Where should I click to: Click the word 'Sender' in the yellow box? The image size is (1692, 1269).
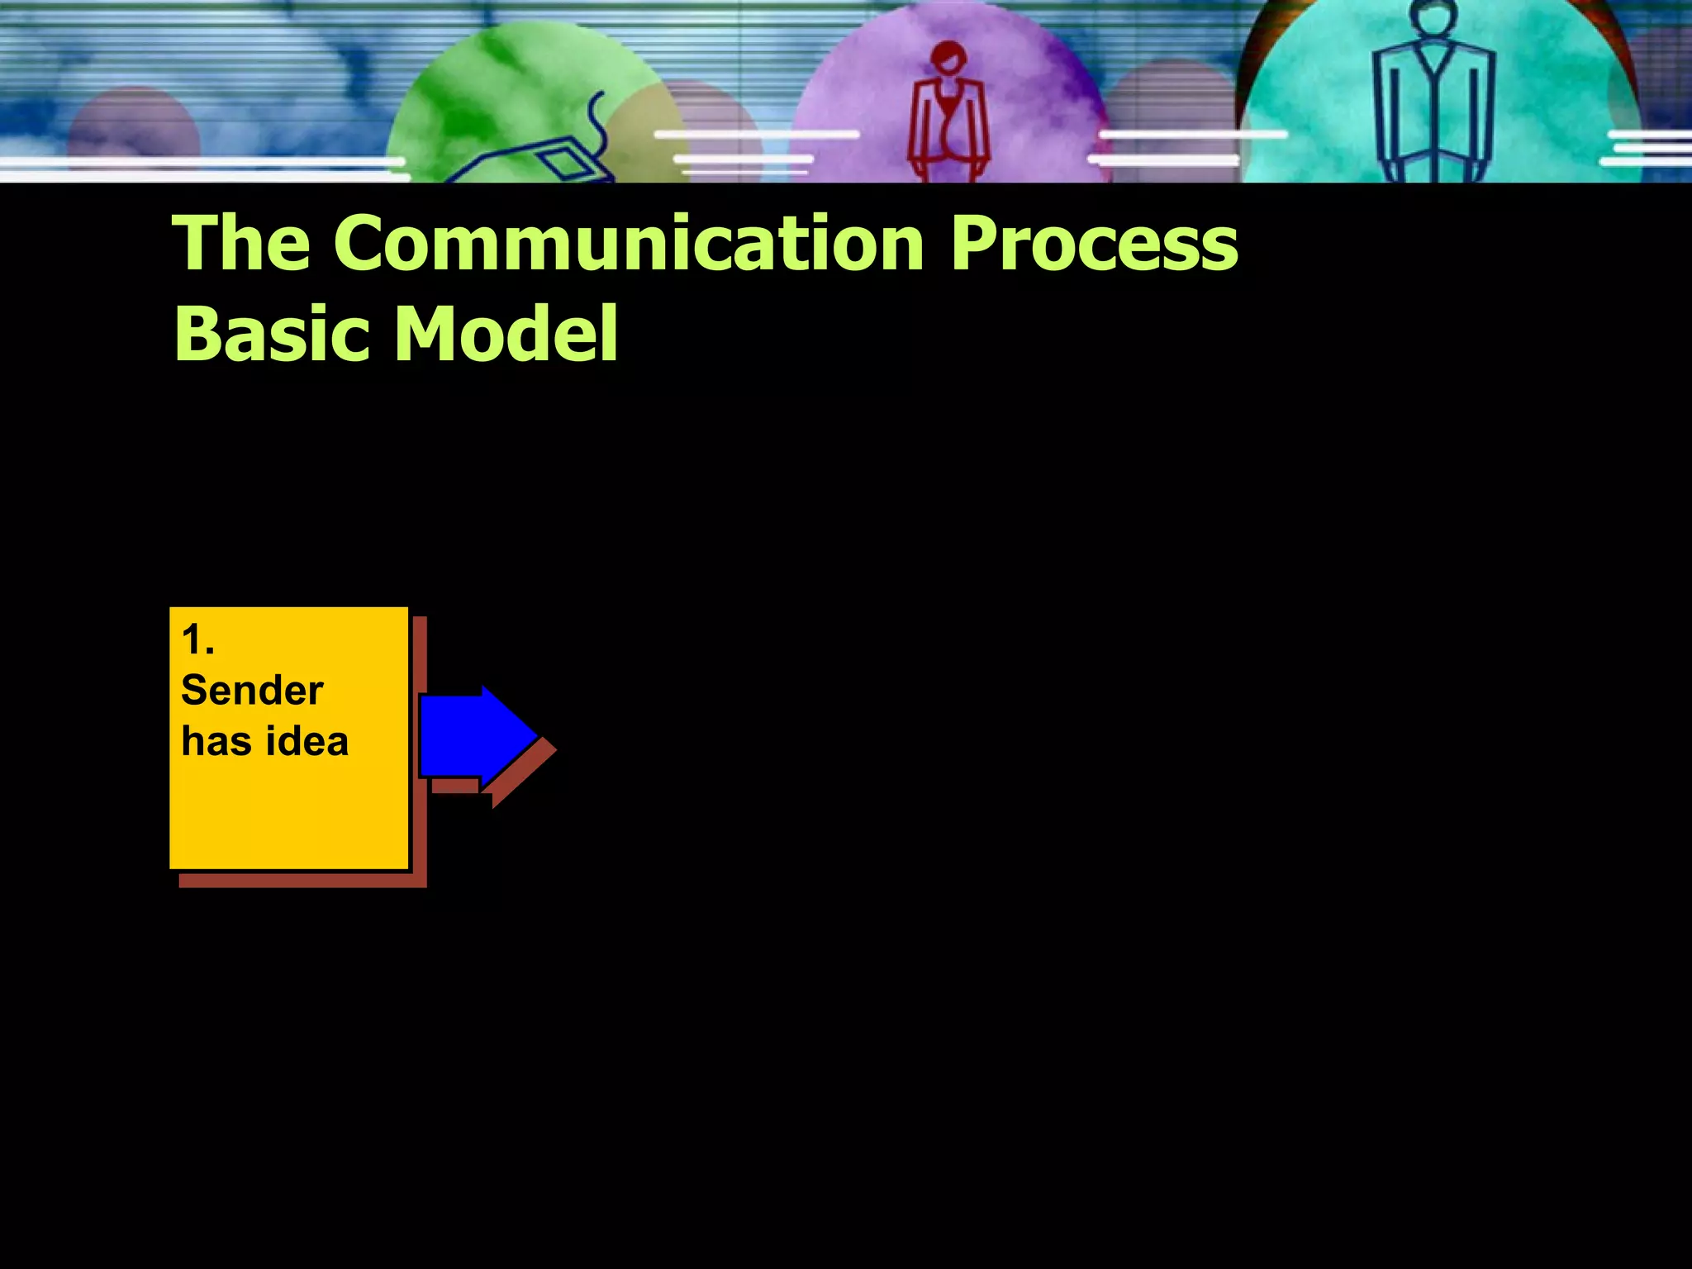(x=252, y=691)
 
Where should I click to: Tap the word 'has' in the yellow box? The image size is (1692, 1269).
(x=216, y=741)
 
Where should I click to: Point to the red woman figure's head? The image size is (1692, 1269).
(x=948, y=58)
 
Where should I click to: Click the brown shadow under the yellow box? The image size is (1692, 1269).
(x=302, y=881)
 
